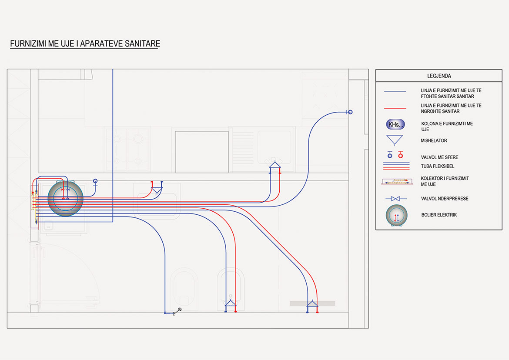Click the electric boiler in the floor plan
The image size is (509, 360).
(65, 198)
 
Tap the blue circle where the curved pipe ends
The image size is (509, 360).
(350, 112)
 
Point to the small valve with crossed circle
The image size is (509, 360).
(178, 310)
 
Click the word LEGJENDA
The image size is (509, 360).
(439, 76)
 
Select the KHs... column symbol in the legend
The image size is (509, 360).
(395, 124)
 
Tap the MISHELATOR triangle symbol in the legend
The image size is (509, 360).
(395, 140)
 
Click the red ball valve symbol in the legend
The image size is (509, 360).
(400, 154)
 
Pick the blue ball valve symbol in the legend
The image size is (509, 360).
(390, 154)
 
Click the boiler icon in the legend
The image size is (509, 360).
(396, 216)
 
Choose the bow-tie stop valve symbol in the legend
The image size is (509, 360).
(395, 199)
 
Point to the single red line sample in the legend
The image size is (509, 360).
(395, 108)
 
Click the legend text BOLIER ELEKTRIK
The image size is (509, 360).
(439, 215)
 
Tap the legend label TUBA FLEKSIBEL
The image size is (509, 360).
(438, 166)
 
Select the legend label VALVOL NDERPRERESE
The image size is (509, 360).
(445, 199)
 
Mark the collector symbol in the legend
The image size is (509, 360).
(396, 181)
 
